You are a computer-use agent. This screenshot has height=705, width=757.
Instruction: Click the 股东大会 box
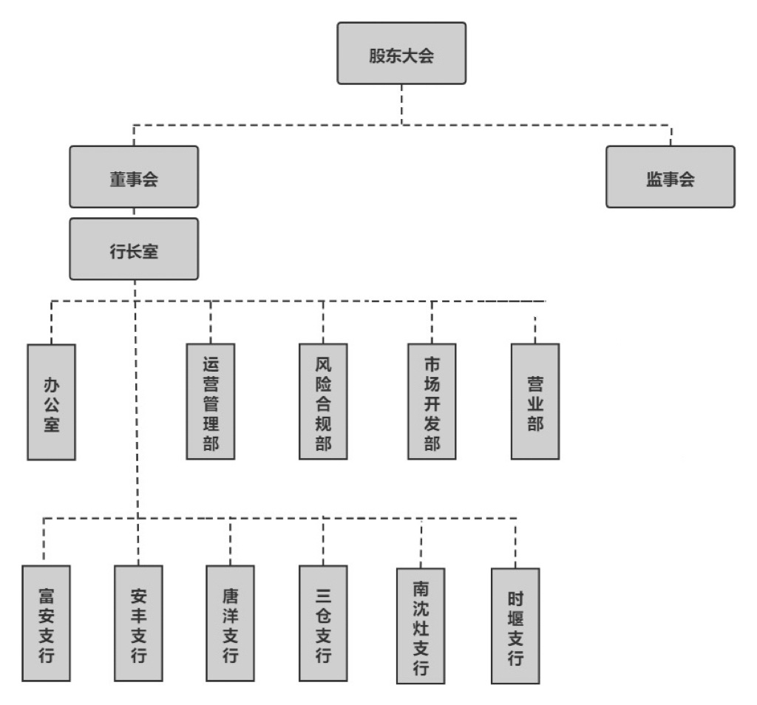(401, 53)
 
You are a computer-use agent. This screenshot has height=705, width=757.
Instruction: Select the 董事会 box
(134, 177)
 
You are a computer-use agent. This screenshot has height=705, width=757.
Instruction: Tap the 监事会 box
(671, 177)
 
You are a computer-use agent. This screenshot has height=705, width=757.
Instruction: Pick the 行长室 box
(134, 249)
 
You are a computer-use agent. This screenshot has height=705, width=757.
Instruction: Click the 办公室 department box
(51, 401)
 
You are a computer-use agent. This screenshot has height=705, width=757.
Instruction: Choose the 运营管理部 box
(211, 401)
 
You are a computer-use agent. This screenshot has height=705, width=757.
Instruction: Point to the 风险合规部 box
(323, 401)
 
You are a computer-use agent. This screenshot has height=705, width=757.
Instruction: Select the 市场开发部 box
(432, 401)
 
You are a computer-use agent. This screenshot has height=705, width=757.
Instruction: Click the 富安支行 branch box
(46, 622)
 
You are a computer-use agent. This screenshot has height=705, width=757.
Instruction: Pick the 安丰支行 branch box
(138, 622)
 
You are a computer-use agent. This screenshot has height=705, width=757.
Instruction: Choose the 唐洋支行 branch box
(230, 622)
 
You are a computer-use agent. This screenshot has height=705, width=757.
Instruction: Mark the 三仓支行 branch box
(323, 622)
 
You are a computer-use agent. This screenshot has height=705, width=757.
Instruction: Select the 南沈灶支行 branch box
(421, 625)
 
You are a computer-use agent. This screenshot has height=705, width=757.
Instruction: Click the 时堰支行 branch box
(515, 625)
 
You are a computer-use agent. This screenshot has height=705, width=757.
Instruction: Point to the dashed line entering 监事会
(671, 134)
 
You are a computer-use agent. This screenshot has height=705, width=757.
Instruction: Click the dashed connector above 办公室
(52, 322)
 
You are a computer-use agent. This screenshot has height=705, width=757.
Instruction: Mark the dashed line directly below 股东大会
(401, 103)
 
